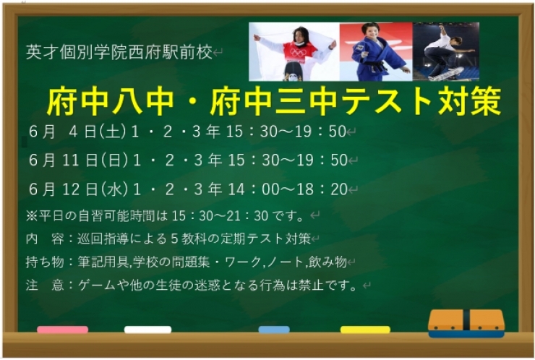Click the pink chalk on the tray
(62, 330)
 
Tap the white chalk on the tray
(147, 330)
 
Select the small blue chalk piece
(274, 330)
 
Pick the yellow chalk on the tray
(365, 330)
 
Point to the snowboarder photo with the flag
(294, 51)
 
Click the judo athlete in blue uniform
(375, 51)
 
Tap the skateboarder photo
(445, 51)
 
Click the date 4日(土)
(96, 132)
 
